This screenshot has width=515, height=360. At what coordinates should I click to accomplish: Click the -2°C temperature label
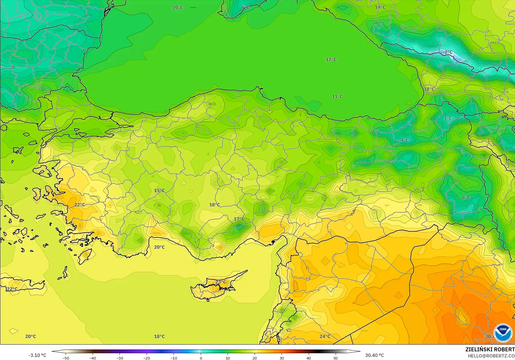(x=448, y=52)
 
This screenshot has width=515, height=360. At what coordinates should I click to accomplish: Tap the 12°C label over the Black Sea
(x=331, y=60)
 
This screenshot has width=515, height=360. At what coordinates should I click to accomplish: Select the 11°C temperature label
(x=337, y=97)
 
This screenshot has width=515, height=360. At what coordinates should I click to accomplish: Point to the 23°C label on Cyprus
(x=221, y=282)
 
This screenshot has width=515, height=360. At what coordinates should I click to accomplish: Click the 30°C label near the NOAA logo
(x=489, y=336)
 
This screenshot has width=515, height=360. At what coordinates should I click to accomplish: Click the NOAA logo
(x=503, y=333)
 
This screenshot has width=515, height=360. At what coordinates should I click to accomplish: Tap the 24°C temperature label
(x=325, y=336)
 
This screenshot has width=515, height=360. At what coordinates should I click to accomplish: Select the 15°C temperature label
(x=159, y=190)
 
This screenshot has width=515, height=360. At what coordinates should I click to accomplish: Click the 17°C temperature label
(x=239, y=219)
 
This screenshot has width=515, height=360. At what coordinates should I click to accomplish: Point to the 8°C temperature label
(x=466, y=197)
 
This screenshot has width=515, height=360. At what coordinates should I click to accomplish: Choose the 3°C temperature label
(x=448, y=118)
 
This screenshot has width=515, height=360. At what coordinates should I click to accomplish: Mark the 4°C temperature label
(x=404, y=140)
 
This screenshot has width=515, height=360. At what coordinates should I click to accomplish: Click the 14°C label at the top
(x=380, y=7)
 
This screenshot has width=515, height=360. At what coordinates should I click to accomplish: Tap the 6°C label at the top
(x=245, y=7)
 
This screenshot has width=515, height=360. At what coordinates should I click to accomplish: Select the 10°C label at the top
(x=178, y=7)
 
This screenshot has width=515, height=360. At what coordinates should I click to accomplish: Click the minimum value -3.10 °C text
(x=37, y=355)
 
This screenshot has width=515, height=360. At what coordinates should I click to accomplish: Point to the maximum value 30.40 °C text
(x=374, y=355)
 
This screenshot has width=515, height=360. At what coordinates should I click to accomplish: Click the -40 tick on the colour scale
(x=93, y=358)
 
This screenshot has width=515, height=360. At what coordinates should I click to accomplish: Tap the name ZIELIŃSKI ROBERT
(x=490, y=349)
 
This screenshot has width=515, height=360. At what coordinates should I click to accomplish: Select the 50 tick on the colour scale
(x=336, y=358)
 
